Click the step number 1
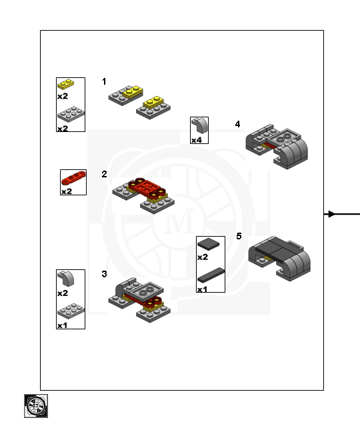pos(104,81)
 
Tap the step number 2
pos(104,174)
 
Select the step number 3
pos(104,274)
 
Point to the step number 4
pos(237,124)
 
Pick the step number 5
pos(239,236)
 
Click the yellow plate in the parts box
pos(66,85)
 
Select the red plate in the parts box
pos(73,178)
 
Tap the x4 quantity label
pos(197,140)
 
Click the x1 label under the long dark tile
pos(203,289)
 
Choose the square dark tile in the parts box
pos(209,244)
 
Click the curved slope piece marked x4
pos(199,125)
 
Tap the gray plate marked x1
pos(70,311)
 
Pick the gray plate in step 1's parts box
pos(70,113)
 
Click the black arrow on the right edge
pos(341,214)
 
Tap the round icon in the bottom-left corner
pos(36,405)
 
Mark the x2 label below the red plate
pos(67,191)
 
